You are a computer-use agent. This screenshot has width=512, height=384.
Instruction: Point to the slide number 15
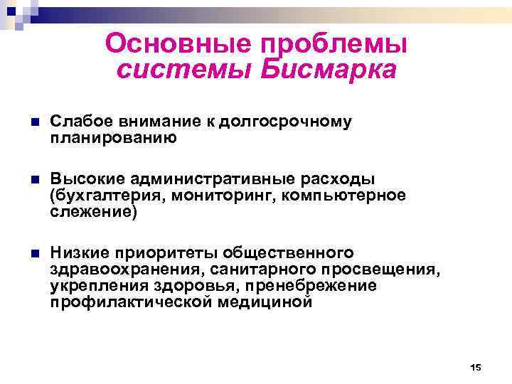pos(476,367)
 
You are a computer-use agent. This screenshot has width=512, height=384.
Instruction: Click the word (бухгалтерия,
pos(105,196)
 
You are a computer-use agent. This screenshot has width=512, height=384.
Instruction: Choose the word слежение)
pos(92,211)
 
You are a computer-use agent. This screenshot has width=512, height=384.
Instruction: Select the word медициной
pos(270,302)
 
